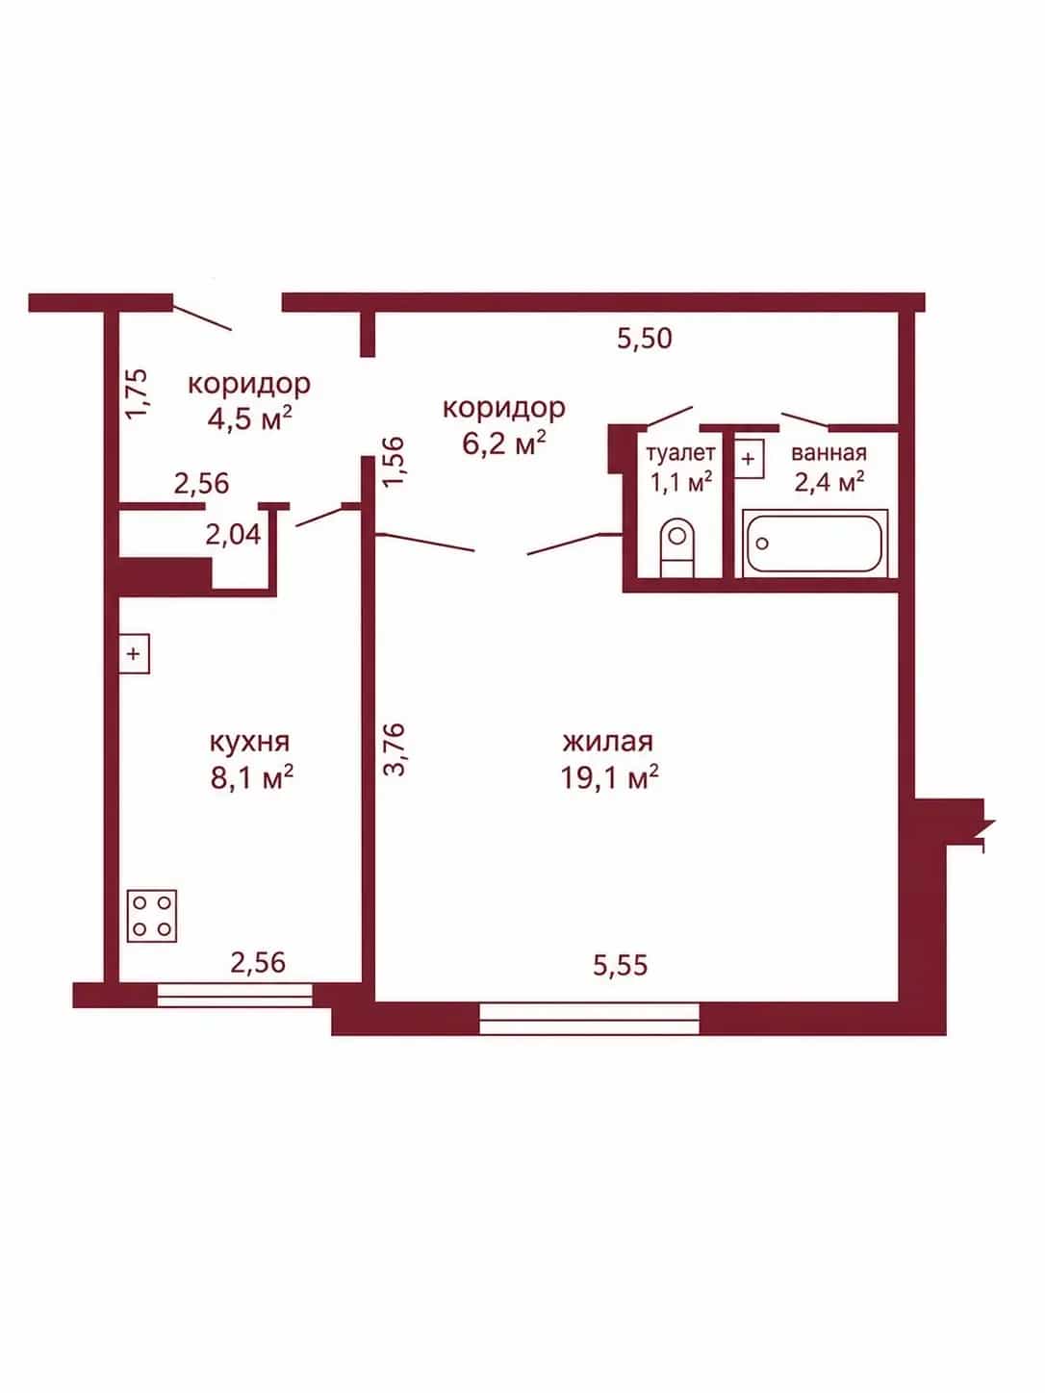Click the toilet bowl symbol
point(677,548)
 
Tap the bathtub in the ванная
point(815,544)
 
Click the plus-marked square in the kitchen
point(134,653)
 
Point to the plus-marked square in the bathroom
point(749,458)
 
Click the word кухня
point(249,742)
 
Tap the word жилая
point(608,741)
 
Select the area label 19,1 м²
point(610,776)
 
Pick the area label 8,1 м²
point(252,776)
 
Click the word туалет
point(681,453)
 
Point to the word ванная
point(828,453)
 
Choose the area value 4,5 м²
point(249,418)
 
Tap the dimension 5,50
point(645,339)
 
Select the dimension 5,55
point(621,965)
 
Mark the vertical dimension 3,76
point(395,749)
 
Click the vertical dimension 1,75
point(137,393)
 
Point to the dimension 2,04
point(233,534)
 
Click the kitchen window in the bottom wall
point(235,995)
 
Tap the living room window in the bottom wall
point(590,1019)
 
